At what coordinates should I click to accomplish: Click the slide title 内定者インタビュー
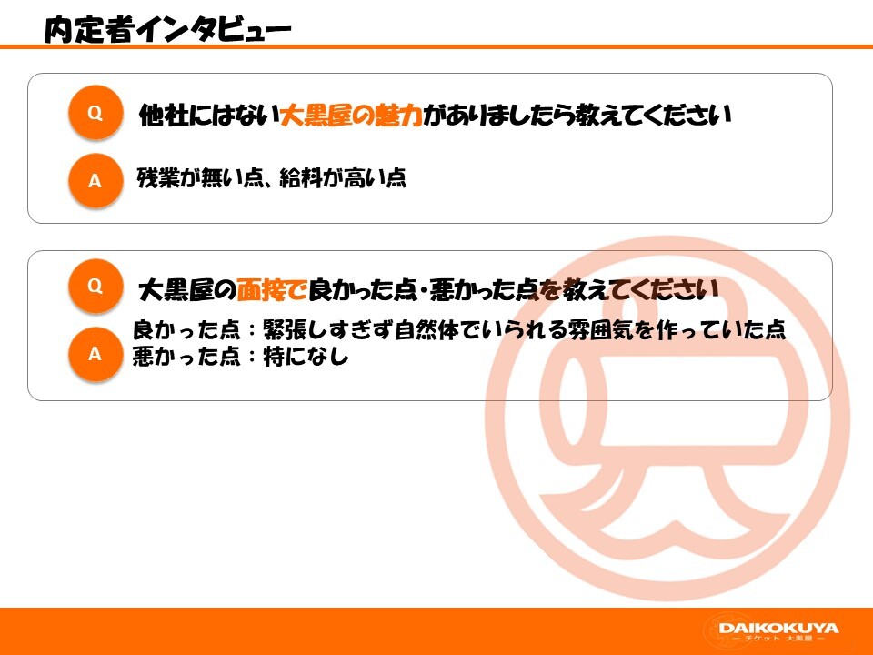(167, 29)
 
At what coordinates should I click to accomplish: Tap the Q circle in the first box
(95, 113)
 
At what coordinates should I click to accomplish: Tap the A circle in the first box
(95, 180)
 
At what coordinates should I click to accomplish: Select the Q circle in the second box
(95, 286)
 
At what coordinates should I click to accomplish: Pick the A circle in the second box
(95, 354)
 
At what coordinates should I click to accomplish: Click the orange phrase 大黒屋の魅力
(351, 116)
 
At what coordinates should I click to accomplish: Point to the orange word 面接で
(272, 289)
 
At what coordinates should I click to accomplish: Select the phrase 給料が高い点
(343, 177)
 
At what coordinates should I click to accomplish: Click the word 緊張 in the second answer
(285, 329)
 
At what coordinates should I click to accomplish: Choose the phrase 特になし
(306, 357)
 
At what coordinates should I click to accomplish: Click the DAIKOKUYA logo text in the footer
(778, 628)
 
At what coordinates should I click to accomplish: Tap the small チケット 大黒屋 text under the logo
(778, 639)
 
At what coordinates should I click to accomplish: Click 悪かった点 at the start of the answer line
(186, 357)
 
